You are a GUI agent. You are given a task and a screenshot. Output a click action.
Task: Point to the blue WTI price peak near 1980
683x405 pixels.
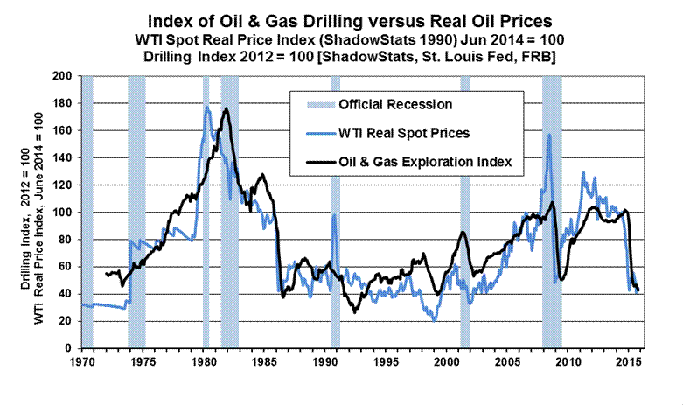tap(206, 107)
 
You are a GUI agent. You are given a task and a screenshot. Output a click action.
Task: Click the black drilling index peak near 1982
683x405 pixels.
tap(227, 109)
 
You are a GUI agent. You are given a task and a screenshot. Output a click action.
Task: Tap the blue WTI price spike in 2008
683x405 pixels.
tap(549, 135)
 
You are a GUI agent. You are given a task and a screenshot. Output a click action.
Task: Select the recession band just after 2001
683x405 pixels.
tap(465, 210)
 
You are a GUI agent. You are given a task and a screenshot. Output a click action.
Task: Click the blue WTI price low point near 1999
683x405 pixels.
tap(434, 320)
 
